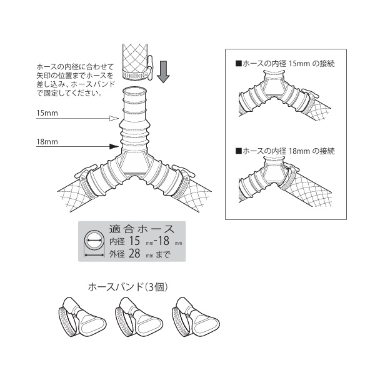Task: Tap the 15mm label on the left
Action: click(47, 114)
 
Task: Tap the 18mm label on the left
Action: click(47, 142)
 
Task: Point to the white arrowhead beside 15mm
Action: click(113, 118)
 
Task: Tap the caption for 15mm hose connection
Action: click(285, 64)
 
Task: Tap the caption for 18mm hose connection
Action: click(285, 151)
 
